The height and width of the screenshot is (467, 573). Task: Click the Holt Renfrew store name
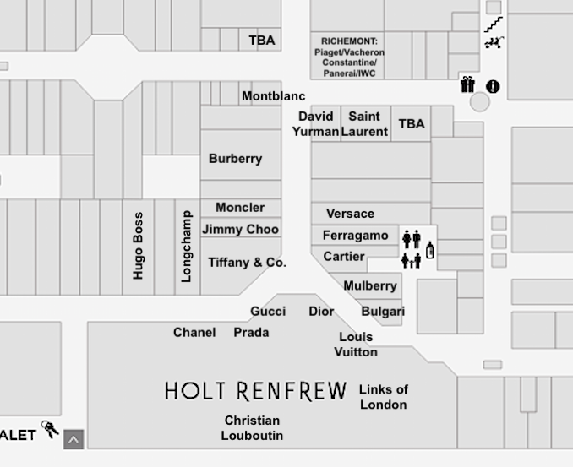click(x=255, y=391)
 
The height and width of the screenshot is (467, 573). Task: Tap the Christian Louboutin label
click(x=252, y=427)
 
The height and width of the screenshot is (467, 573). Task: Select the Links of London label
click(x=383, y=397)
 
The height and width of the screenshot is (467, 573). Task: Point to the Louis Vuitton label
click(x=355, y=344)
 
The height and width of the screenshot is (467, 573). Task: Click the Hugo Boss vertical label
click(x=138, y=246)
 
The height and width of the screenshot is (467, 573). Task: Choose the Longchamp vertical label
click(x=187, y=246)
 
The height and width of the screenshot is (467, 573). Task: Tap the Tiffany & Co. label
click(x=247, y=263)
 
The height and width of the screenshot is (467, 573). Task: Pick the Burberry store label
click(x=235, y=158)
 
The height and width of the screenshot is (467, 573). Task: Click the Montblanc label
click(x=273, y=96)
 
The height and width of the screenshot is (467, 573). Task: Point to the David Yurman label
click(x=315, y=123)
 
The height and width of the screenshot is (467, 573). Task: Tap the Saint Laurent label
click(x=364, y=123)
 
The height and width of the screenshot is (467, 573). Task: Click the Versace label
click(x=350, y=214)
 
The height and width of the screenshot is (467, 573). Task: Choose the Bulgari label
click(x=383, y=312)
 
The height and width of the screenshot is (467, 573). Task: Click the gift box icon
click(x=467, y=84)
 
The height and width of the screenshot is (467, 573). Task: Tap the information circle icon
click(x=493, y=86)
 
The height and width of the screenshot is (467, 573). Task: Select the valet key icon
click(x=51, y=429)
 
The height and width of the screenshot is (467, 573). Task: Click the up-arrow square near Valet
click(x=74, y=439)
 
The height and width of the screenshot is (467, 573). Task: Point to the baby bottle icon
click(x=429, y=250)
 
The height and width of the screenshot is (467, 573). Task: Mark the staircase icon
click(x=494, y=25)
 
